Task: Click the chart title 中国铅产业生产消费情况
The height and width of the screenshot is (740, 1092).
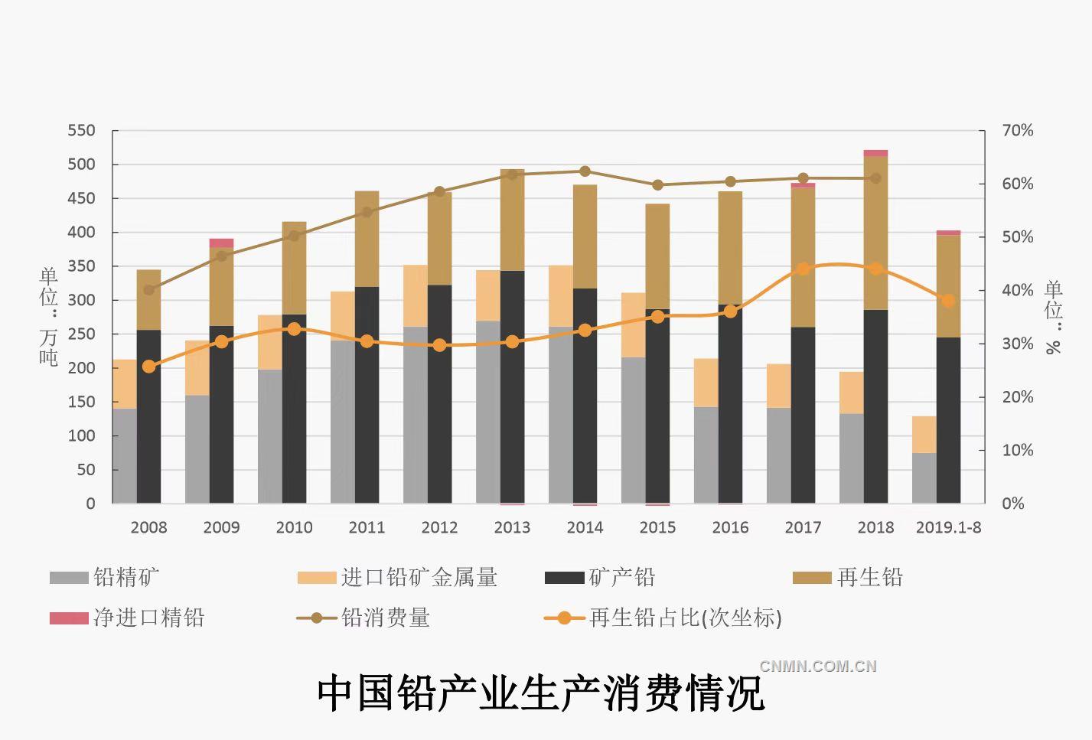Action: [x=541, y=693]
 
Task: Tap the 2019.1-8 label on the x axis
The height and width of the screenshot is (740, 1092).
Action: [x=948, y=527]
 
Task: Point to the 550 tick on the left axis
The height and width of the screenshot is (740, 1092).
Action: [x=81, y=131]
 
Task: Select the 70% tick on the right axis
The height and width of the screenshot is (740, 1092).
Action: [x=1017, y=131]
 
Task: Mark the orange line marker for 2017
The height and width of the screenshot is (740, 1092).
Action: [x=803, y=269]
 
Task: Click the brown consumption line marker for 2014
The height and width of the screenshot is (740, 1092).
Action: [x=585, y=171]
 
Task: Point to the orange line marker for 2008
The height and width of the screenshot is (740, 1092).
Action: [x=148, y=367]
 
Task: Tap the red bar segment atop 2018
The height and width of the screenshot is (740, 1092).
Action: [x=875, y=153]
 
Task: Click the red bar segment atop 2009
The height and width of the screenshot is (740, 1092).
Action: [x=221, y=243]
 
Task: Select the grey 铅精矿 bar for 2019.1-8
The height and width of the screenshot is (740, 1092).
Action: [x=924, y=478]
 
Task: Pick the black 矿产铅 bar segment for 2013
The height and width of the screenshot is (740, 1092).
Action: [x=512, y=386]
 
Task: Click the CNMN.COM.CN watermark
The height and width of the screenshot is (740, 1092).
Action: [x=817, y=666]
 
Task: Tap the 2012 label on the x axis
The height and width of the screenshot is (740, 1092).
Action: [x=439, y=527]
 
